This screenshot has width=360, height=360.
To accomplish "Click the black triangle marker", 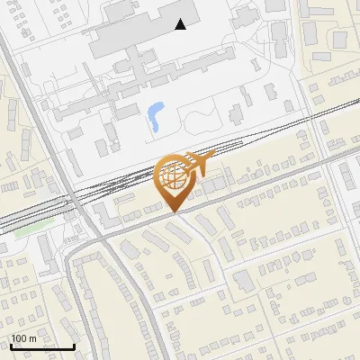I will [181, 24].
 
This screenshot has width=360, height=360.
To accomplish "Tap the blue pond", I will [155, 113].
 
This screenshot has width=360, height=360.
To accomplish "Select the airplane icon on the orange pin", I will [196, 163].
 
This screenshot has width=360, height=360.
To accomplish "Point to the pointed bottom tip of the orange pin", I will [175, 212].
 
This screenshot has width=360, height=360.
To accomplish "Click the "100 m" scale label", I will [23, 338].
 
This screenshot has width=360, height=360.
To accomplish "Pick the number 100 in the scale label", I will [19, 338].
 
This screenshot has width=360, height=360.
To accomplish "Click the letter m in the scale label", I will [32, 338].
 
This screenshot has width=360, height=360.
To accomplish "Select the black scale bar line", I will [41, 346].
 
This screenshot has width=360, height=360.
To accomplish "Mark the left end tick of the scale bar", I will [10, 345].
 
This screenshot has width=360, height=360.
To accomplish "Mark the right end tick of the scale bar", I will [74, 345].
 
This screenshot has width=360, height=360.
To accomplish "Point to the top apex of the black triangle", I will [181, 19].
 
